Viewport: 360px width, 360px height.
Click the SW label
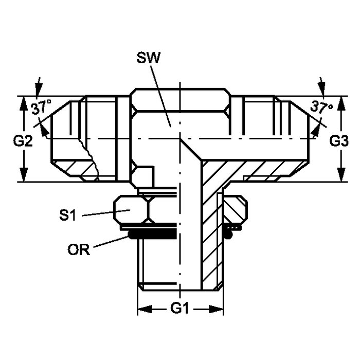point(148,58)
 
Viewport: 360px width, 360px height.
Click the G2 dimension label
point(23,141)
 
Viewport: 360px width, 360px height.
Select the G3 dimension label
point(339,141)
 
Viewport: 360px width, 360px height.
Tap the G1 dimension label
point(179,309)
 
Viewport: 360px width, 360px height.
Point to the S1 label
point(67,215)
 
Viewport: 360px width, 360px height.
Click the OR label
point(79,249)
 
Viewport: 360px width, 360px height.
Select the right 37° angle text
point(321,107)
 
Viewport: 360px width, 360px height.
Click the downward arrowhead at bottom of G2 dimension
point(24,174)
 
